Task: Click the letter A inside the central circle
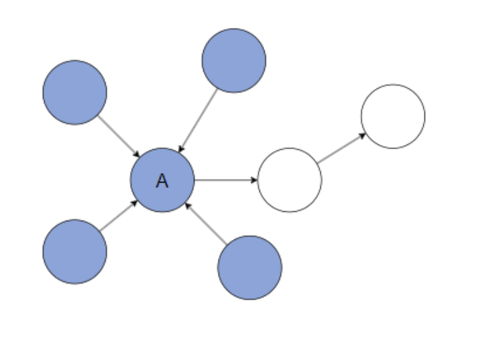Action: pyautogui.click(x=162, y=180)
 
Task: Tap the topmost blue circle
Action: pyautogui.click(x=234, y=60)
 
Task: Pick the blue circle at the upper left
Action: pyautogui.click(x=75, y=92)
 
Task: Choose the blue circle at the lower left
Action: pyautogui.click(x=75, y=251)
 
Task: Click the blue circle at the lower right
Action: pyautogui.click(x=250, y=267)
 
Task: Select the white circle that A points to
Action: pyautogui.click(x=289, y=180)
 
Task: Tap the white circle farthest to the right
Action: pyautogui.click(x=393, y=116)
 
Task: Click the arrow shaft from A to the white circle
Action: pyautogui.click(x=224, y=180)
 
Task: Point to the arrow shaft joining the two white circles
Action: pyautogui.click(x=340, y=149)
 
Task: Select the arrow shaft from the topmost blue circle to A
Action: pyautogui.click(x=199, y=120)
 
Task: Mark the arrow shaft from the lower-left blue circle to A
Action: pyautogui.click(x=117, y=217)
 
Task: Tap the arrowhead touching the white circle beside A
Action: pyautogui.click(x=254, y=180)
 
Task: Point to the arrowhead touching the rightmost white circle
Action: pyautogui.click(x=362, y=136)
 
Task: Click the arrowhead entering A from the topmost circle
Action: pyautogui.click(x=180, y=150)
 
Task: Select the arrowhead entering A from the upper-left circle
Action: pyautogui.click(x=136, y=154)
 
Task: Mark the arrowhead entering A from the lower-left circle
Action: pyautogui.click(x=134, y=203)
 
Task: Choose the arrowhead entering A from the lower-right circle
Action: pyautogui.click(x=188, y=205)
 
